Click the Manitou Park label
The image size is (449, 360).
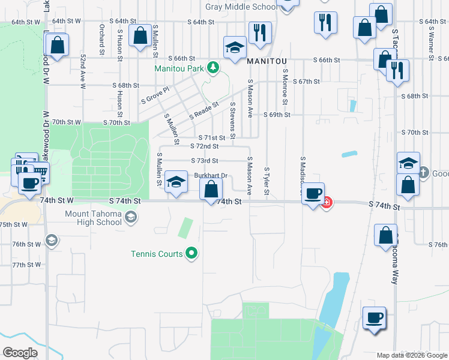coord(179,68)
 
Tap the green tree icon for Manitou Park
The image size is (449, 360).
coord(212,68)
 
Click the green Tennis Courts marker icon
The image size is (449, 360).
coord(191,254)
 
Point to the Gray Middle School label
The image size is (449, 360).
coord(241,7)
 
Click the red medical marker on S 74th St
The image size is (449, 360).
coord(327,203)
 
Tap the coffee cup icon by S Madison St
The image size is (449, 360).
coord(312,193)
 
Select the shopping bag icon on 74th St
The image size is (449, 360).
coord(211,190)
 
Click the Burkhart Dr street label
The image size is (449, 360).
coord(211,175)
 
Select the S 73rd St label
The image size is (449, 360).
coord(204,161)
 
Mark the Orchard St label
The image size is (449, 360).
coord(102,38)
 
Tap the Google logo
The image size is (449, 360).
coord(20,352)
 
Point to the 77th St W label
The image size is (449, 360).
coord(26,265)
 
